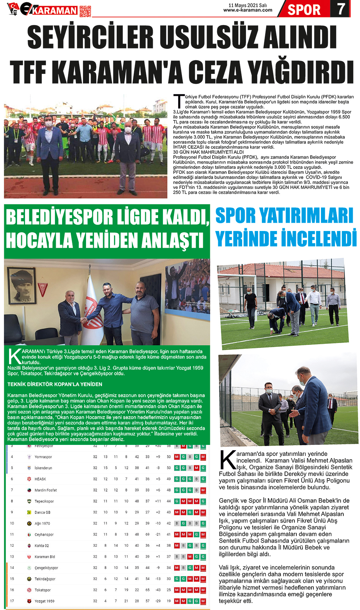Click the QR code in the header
pos(85,11)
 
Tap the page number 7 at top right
pos(341,9)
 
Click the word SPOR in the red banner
pos(304,9)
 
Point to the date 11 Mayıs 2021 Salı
pos(247,5)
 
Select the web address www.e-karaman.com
pos(247,10)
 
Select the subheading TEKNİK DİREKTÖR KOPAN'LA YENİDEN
pos(55,384)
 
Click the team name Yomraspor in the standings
pos(43,457)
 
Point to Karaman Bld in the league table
pos(45,557)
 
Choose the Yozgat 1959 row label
pos(44,601)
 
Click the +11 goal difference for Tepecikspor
pos(158,501)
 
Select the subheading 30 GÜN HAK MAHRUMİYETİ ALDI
pos(208,152)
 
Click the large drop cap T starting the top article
pos(178,101)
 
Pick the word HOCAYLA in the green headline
pos(38,240)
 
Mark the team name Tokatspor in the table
pos(42,590)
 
